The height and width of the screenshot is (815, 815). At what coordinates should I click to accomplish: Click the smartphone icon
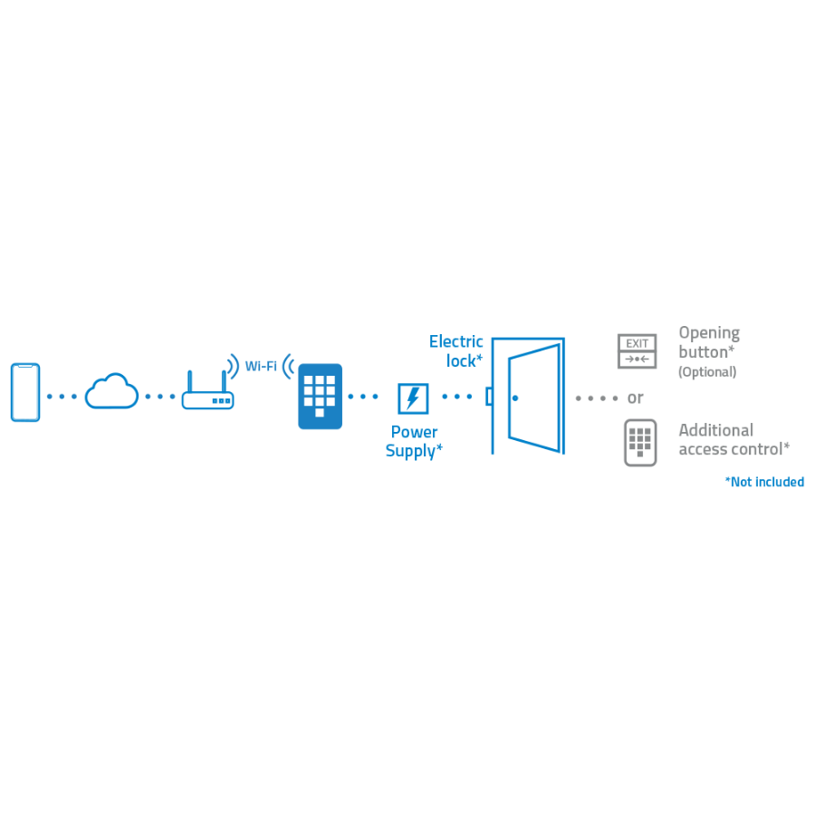point(25,392)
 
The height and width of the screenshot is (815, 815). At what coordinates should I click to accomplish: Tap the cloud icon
point(111,392)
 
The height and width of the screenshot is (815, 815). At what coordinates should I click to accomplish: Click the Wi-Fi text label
point(261,367)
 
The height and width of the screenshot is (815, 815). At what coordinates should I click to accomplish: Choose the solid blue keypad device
point(320,396)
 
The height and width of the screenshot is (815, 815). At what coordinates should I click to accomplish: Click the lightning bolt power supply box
point(413,398)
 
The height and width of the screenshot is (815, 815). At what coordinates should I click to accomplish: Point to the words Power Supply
point(414,441)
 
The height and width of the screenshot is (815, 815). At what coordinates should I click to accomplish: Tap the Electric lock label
point(456,350)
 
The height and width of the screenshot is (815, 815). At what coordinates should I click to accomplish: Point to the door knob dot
point(515,398)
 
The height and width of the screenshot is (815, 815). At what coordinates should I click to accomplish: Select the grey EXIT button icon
point(637,351)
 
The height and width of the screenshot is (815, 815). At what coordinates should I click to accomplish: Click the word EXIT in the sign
point(637,343)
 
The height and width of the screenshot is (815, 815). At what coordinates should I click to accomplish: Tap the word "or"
point(636,398)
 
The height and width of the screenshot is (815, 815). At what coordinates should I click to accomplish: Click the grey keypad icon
point(640,443)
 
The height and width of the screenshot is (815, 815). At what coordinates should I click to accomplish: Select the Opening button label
point(709,342)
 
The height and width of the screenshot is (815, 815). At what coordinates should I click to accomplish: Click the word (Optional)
point(707,372)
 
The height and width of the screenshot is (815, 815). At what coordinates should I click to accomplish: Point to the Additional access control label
point(733,439)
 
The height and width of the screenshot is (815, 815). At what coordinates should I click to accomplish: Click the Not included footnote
point(764,482)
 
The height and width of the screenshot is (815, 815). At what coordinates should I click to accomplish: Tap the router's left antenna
point(189,379)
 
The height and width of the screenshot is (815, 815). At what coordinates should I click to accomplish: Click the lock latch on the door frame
point(489,397)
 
